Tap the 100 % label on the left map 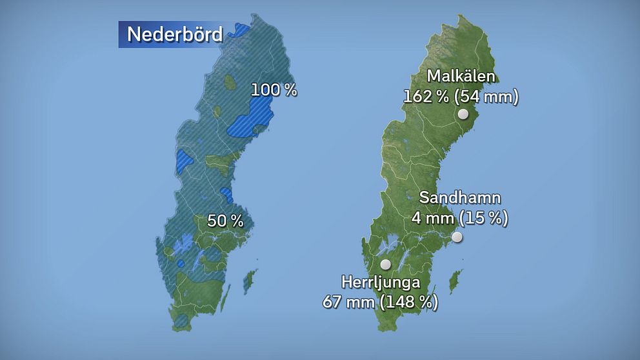(274, 90)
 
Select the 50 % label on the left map (225, 221)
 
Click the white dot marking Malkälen (463, 114)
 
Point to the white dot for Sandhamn (457, 237)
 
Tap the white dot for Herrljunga (386, 264)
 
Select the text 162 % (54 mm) (461, 97)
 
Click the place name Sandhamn (460, 198)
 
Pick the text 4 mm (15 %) (460, 218)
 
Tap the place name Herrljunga (381, 282)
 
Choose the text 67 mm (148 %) (380, 301)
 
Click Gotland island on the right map (455, 279)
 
